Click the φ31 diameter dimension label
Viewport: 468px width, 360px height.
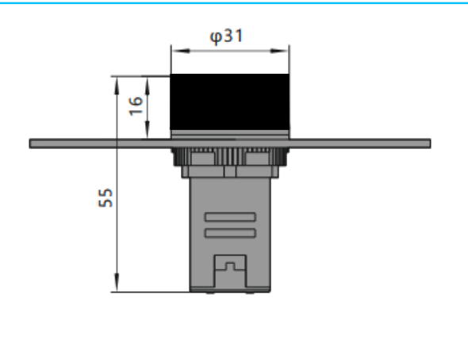(x=227, y=36)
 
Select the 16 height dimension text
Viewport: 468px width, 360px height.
(x=136, y=106)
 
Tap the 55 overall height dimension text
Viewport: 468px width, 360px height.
(x=105, y=197)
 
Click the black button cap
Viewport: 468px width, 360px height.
(x=229, y=101)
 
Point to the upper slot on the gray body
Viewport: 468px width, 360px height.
(x=230, y=216)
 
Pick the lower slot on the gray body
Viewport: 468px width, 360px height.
(x=230, y=233)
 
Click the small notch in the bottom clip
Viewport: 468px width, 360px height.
(x=230, y=266)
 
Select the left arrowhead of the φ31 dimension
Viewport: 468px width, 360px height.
(x=181, y=51)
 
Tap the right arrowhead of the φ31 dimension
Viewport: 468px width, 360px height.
(x=279, y=51)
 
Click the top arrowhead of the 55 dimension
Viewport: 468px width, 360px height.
(x=117, y=86)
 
